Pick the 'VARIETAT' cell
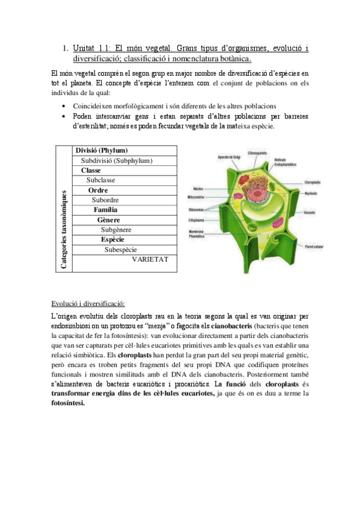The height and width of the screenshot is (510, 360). [150, 259]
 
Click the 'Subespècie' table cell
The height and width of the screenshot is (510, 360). [120, 250]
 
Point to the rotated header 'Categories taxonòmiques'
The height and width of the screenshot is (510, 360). [64, 207]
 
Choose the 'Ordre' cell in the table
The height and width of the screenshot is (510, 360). [98, 190]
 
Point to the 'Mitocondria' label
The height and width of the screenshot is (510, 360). [197, 197]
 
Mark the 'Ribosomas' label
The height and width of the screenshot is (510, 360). [197, 209]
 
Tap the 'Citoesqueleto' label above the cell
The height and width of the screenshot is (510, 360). [257, 153]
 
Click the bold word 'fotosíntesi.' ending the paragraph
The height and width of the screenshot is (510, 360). [69, 404]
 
